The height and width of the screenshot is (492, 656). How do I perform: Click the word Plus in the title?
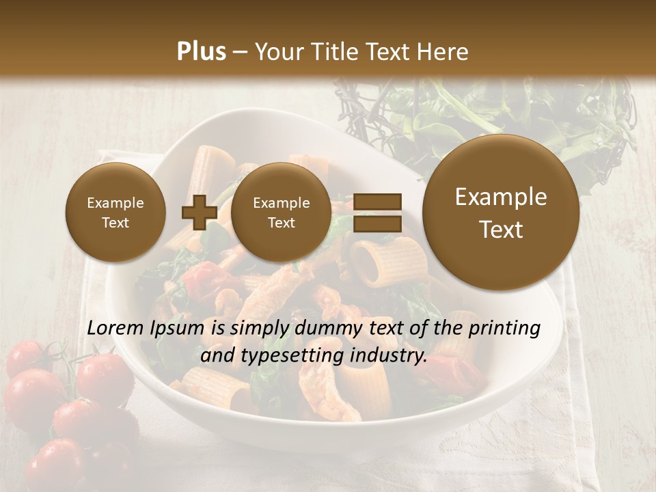(201, 52)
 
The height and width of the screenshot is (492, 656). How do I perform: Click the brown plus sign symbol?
(199, 213)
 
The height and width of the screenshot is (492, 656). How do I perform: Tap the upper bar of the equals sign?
(377, 202)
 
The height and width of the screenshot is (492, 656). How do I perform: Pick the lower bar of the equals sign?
(377, 223)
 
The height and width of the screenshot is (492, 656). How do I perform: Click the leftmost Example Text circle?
(115, 213)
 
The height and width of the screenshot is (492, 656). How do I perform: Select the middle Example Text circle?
(282, 213)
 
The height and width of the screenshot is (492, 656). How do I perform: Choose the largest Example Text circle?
(501, 213)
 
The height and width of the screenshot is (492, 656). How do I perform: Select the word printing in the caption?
(504, 329)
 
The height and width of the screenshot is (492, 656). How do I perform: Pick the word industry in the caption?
(387, 356)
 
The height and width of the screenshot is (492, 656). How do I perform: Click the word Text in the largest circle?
(501, 230)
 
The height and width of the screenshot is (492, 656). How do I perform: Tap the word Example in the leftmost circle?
(115, 203)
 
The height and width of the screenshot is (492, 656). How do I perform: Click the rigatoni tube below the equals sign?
(374, 262)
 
